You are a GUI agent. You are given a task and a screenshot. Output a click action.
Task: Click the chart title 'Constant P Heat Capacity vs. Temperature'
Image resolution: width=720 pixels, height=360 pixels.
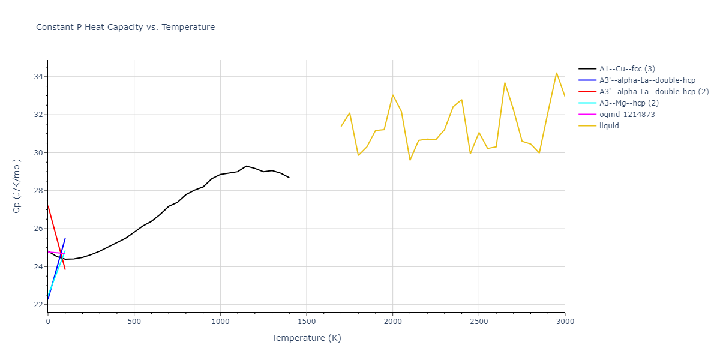pyautogui.click(x=125, y=27)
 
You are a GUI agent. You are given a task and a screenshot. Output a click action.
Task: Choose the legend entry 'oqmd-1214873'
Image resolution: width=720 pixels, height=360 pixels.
pyautogui.click(x=627, y=115)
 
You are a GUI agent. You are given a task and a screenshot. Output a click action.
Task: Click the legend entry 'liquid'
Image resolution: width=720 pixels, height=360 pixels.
pyautogui.click(x=610, y=126)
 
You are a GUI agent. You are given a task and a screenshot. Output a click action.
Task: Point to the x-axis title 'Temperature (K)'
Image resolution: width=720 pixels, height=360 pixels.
pyautogui.click(x=306, y=338)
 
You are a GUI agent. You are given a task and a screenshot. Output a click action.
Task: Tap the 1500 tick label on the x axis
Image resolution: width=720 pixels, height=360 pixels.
pyautogui.click(x=307, y=322)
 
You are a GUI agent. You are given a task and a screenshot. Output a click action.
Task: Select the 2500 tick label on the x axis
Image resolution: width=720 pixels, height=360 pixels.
pyautogui.click(x=479, y=322)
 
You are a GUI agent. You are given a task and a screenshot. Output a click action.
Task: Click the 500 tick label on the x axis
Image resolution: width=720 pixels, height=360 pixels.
pyautogui.click(x=134, y=322)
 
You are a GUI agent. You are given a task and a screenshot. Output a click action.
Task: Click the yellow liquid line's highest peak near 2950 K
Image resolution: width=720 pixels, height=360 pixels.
pyautogui.click(x=556, y=73)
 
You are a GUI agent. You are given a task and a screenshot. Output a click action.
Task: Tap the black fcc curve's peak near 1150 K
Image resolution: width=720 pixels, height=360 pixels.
pyautogui.click(x=246, y=166)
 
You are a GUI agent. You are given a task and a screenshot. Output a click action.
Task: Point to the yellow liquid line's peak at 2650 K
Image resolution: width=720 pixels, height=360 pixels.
pyautogui.click(x=505, y=83)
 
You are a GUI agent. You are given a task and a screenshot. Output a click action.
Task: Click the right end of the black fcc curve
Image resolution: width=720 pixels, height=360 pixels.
pyautogui.click(x=289, y=178)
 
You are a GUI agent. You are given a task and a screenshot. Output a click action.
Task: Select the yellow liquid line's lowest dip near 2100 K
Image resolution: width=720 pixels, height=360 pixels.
pyautogui.click(x=410, y=160)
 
